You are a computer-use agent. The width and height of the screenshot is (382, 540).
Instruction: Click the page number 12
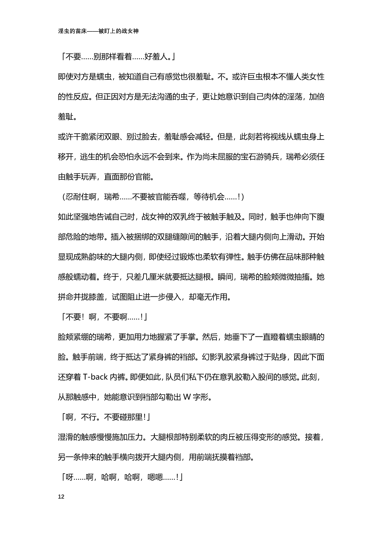tap(61, 497)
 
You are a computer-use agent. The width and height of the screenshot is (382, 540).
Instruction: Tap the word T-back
tap(95, 377)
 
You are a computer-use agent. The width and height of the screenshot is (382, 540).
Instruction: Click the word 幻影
tap(210, 357)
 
